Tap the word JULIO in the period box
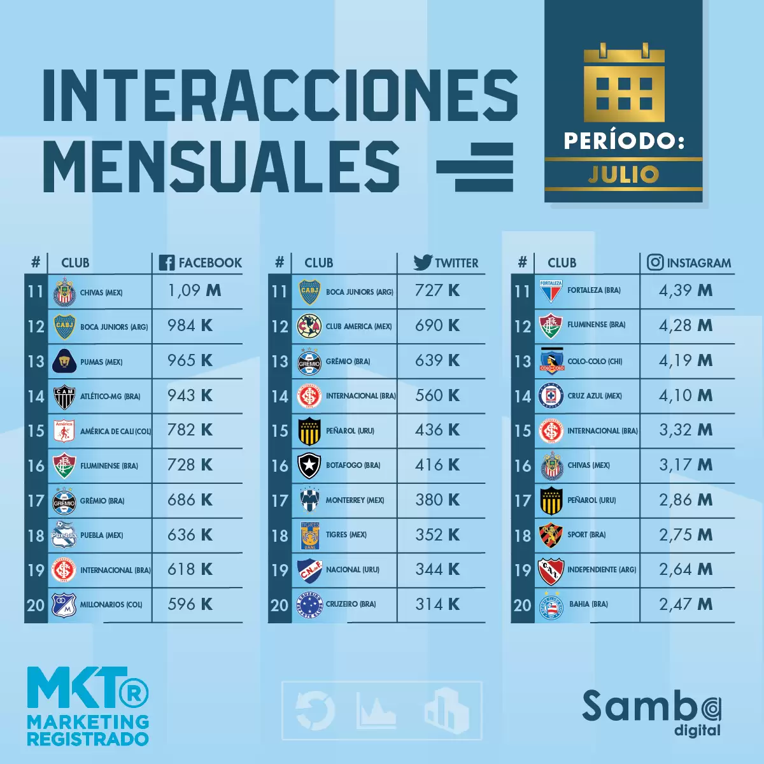(623, 174)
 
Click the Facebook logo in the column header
(167, 262)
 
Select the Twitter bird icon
(423, 262)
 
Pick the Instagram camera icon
(655, 262)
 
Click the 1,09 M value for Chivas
(194, 291)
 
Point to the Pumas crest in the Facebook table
(64, 362)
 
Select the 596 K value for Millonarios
(190, 604)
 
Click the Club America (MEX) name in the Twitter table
(358, 327)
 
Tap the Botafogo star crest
(309, 465)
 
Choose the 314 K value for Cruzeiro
(437, 604)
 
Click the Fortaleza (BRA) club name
(593, 290)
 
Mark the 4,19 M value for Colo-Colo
(686, 360)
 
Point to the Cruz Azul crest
(551, 396)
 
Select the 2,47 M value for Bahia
(686, 604)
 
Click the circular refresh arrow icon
(315, 711)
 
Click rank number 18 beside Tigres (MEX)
(279, 535)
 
